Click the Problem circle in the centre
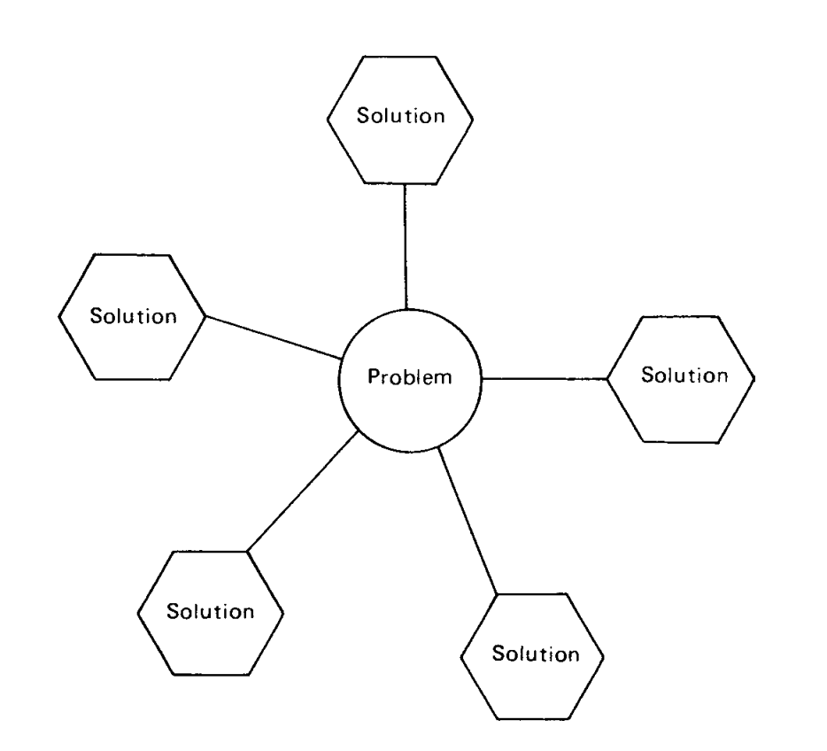coord(410,378)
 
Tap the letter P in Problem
coord(373,379)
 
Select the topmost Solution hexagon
coord(399,117)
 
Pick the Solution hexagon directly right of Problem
coord(681,376)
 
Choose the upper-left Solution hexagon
coord(132,316)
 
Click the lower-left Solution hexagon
coord(211,611)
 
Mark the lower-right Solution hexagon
coord(532,654)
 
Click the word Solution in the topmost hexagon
coord(399,117)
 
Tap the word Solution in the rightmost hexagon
coord(684,375)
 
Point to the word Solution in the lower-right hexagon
coord(535,654)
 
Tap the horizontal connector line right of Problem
coord(544,378)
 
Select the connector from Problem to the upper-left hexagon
coord(274,337)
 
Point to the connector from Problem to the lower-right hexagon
coord(468,519)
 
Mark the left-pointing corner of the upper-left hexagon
coord(58,316)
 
